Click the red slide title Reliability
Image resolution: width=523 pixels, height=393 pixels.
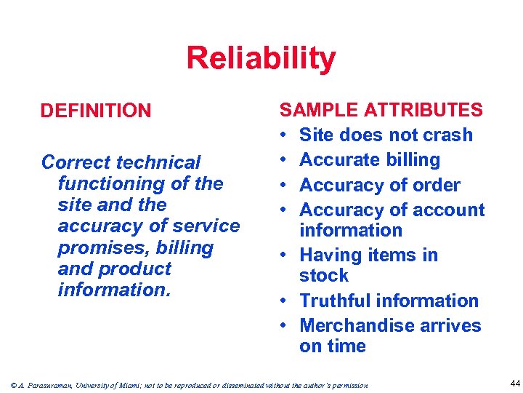click(261, 58)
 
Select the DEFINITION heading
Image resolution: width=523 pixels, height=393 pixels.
click(96, 111)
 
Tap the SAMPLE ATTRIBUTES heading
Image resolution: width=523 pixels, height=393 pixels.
click(381, 111)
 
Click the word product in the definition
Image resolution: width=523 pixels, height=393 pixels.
click(134, 269)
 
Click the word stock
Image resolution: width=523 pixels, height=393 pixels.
click(324, 276)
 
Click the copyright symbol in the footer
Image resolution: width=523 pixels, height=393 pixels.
click(7, 385)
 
